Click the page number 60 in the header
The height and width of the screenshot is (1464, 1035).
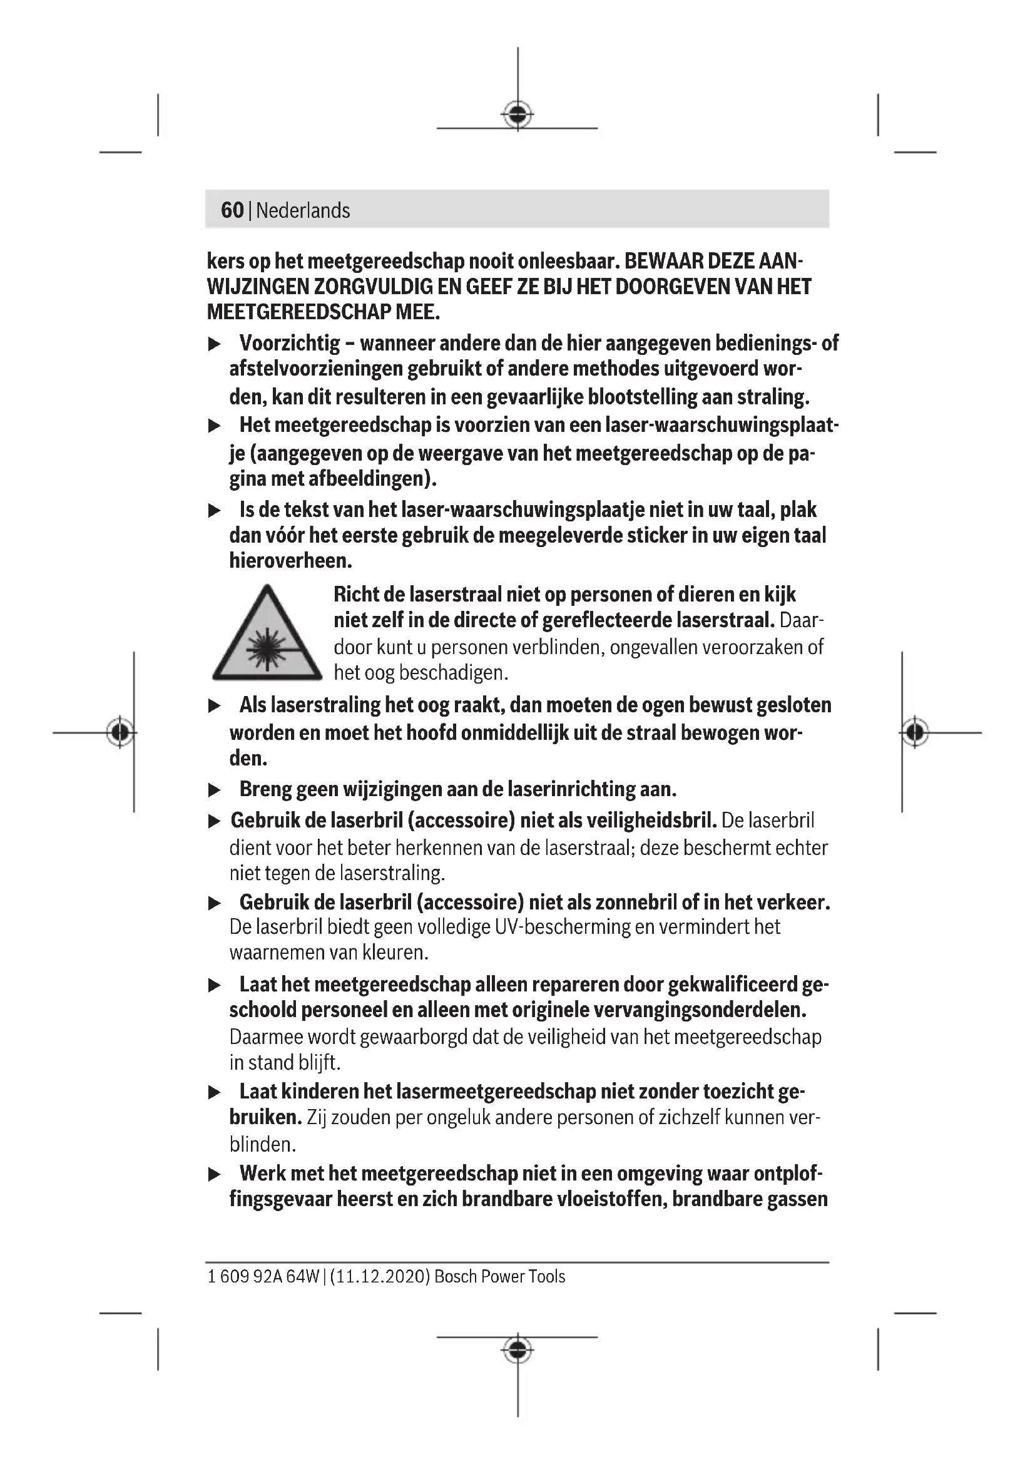[x=232, y=210]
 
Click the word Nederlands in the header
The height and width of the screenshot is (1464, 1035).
[x=303, y=210]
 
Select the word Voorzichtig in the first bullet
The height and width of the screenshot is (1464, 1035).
[x=289, y=343]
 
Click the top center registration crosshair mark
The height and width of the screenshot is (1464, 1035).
[x=517, y=115]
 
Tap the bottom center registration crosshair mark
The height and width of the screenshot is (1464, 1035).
[x=517, y=1349]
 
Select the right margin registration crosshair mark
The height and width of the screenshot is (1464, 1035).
[x=915, y=732]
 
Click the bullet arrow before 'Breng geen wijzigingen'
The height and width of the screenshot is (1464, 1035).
[x=214, y=791]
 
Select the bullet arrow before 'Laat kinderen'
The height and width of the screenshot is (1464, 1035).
[x=214, y=1092]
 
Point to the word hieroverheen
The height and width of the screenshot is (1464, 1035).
[x=290, y=561]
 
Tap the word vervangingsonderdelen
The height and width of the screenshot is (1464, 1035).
[x=700, y=1010]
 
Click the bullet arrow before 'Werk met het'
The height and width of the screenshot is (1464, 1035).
[x=214, y=1174]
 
